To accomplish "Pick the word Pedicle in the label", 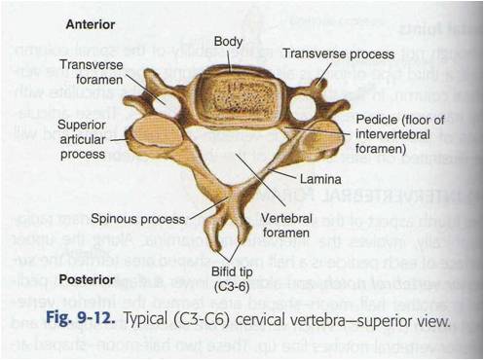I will point(372,120).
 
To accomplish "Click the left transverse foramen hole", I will point(168,100).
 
